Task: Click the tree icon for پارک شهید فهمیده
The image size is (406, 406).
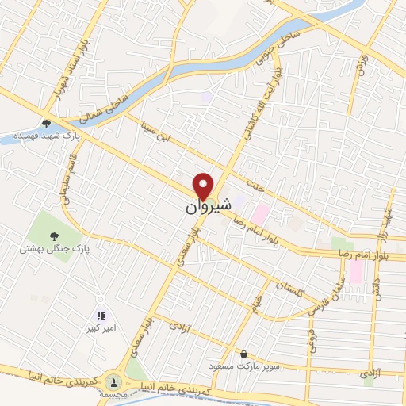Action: coord(47,123)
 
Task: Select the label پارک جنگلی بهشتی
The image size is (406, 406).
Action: coord(53,250)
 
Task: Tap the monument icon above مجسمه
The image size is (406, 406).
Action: coord(113,382)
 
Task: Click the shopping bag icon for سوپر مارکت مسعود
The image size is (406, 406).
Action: coord(243,354)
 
